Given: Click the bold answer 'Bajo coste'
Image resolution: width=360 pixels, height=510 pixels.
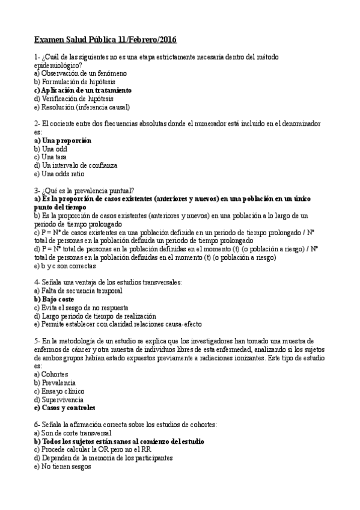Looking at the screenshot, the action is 58,299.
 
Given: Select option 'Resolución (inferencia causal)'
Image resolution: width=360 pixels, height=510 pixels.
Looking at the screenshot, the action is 82,107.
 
